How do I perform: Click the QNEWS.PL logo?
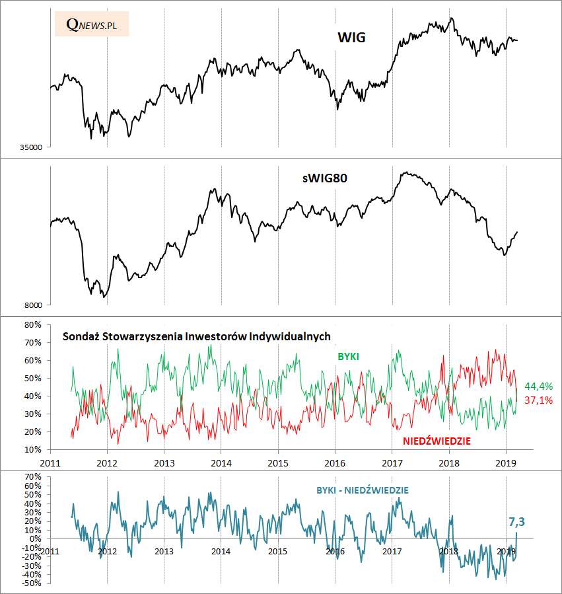(92, 24)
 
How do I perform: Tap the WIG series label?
(351, 38)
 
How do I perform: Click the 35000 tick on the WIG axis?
(31, 147)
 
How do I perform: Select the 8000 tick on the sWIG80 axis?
(34, 305)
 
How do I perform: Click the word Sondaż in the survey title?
(81, 336)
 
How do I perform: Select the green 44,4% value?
(538, 386)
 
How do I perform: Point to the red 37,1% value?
(538, 400)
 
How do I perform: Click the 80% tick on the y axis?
(33, 325)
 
